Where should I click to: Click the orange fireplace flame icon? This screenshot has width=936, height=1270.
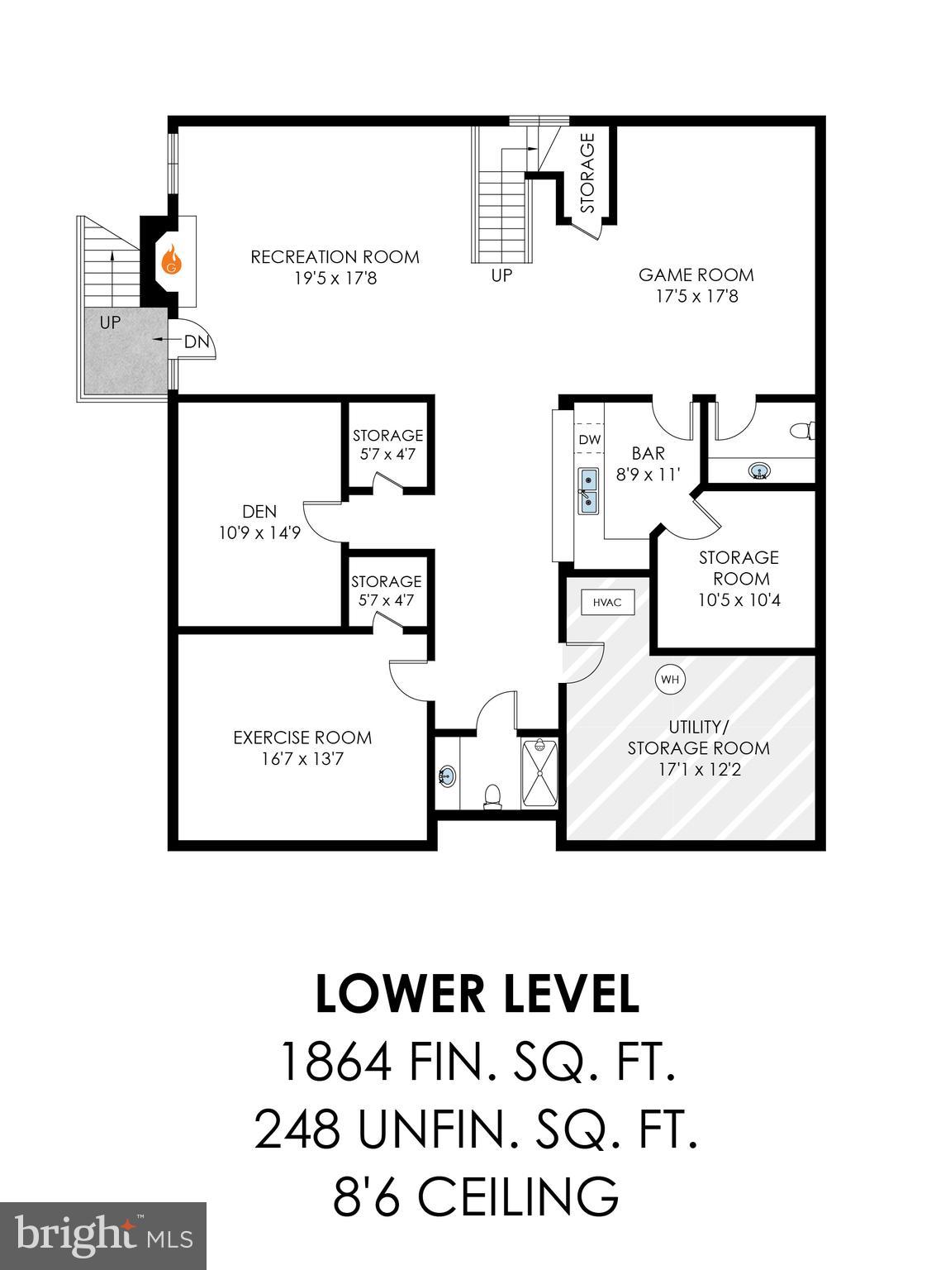(171, 260)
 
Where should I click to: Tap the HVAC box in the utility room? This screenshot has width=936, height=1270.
(607, 603)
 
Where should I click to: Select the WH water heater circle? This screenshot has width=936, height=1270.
(670, 680)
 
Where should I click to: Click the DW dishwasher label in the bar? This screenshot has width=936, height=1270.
(589, 440)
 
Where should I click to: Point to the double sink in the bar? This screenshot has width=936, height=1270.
(588, 490)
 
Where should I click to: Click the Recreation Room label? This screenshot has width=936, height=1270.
(335, 257)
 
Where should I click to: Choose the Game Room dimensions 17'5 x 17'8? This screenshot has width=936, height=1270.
(696, 296)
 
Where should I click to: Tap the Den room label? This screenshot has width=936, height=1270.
(259, 512)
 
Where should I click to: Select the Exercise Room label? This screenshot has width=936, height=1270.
(302, 738)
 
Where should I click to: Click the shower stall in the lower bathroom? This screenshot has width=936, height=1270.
(539, 774)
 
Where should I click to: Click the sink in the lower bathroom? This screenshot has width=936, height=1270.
(447, 776)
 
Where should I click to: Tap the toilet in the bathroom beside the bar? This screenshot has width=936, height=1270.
(802, 431)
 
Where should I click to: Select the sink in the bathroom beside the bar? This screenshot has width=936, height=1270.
(760, 471)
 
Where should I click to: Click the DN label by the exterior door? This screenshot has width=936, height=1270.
(196, 341)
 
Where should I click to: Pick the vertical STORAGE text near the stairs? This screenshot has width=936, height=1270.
(587, 174)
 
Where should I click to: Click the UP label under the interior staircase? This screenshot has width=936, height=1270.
(501, 275)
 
